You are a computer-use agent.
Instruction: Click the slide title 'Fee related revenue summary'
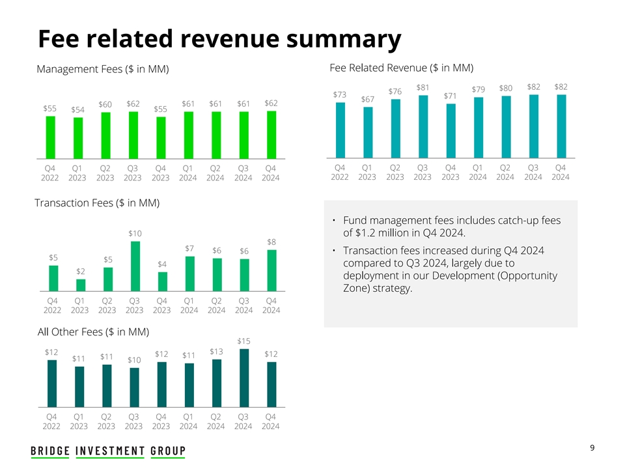(x=219, y=39)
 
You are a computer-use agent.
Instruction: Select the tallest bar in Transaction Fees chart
(x=135, y=266)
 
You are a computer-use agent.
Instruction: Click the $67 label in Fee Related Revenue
(x=368, y=99)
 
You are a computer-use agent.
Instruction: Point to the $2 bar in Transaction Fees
(x=81, y=285)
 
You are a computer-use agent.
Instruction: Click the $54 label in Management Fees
(x=78, y=109)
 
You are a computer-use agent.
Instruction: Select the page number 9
(x=592, y=448)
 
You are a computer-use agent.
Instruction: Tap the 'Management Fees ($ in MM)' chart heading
(x=103, y=69)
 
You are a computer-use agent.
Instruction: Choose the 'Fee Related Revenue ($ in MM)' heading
(x=402, y=68)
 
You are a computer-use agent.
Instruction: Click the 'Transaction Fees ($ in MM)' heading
(x=97, y=203)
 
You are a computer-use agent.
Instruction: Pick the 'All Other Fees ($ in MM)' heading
(x=93, y=332)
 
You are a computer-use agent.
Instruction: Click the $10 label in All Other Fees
(x=134, y=360)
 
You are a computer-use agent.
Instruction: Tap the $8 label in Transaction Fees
(x=271, y=242)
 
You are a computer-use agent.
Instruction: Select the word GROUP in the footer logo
(x=168, y=451)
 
